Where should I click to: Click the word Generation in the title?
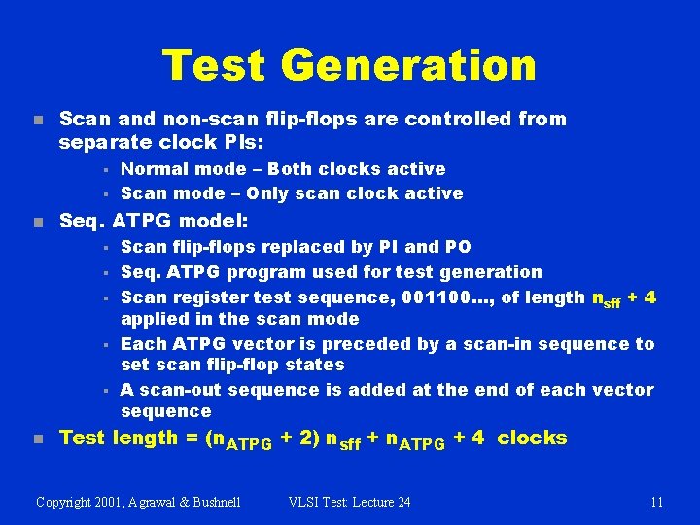point(408,65)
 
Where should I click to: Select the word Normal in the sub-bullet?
point(155,169)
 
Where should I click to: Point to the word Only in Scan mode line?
point(277,193)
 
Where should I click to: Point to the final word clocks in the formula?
point(532,438)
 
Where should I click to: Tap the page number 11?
point(656,502)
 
